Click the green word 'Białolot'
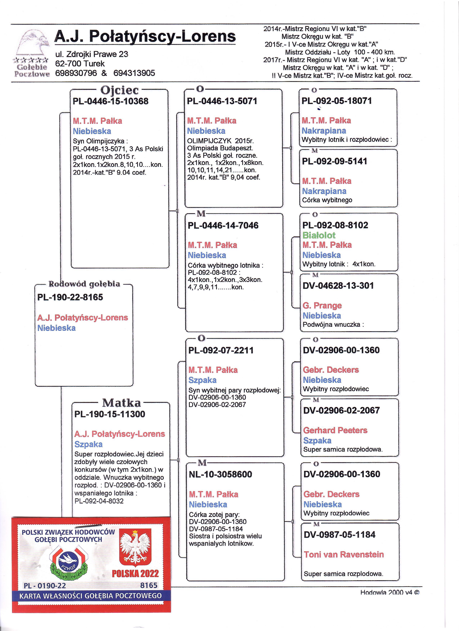point(319,235)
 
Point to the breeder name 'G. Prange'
point(322,306)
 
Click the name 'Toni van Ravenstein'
point(344,555)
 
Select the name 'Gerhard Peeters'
point(335,430)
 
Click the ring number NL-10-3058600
point(220,474)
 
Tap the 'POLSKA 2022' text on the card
point(135,573)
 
